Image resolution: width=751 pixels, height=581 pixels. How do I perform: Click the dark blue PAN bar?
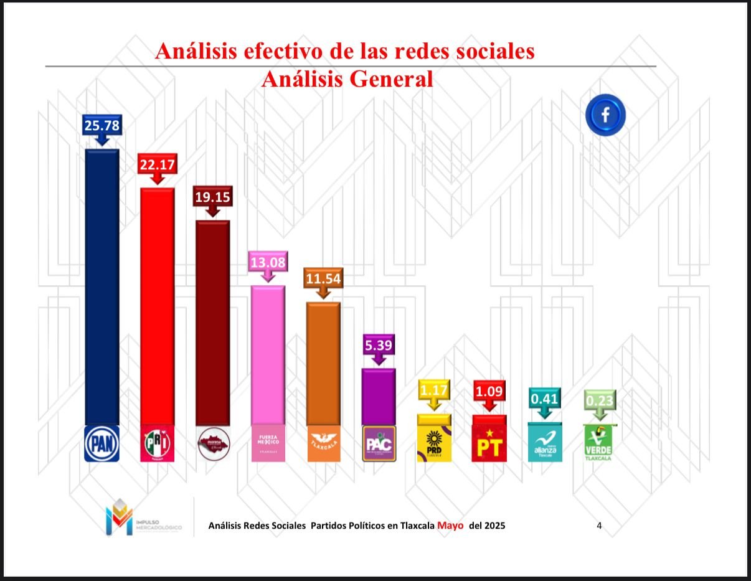[x=102, y=286]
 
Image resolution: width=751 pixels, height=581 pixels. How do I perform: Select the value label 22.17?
[x=158, y=166]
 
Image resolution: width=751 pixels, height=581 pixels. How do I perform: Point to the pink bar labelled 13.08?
[x=268, y=355]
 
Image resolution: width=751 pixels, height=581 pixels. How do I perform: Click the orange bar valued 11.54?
[x=323, y=363]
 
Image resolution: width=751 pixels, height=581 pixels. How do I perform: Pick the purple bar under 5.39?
[x=379, y=396]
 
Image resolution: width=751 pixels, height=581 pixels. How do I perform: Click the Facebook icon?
[x=605, y=115]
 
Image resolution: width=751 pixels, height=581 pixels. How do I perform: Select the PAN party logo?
[x=102, y=443]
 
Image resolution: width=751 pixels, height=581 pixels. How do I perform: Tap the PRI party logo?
[x=158, y=443]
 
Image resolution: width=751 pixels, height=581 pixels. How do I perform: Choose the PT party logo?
[x=489, y=444]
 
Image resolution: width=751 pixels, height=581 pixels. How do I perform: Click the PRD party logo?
[x=434, y=444]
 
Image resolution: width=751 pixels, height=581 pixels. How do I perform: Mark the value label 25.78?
[x=102, y=126]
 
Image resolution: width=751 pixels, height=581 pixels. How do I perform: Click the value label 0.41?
[x=544, y=396]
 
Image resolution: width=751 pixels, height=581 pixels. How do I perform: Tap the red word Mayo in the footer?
[x=451, y=525]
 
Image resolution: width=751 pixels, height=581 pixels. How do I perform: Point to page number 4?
[x=599, y=526]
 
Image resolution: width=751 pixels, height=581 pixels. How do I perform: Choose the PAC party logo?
[x=379, y=443]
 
